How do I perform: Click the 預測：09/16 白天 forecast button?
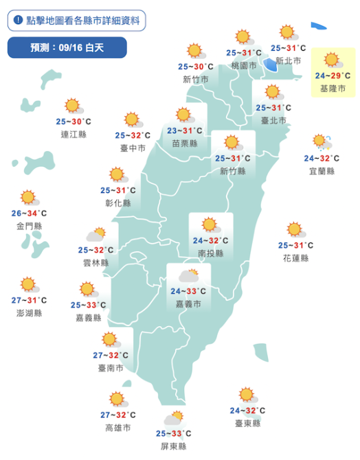(x=67, y=47)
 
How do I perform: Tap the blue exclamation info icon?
(x=18, y=21)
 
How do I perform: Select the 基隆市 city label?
(x=333, y=89)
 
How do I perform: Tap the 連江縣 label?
(x=74, y=134)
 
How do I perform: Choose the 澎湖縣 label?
(x=28, y=313)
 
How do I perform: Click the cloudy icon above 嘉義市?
(x=188, y=276)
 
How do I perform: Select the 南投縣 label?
(x=210, y=253)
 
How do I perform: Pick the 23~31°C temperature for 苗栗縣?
(x=184, y=130)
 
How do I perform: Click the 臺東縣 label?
(x=247, y=424)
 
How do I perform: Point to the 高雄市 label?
(x=117, y=428)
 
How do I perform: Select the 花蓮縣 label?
(x=295, y=258)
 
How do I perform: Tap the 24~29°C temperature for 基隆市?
(x=333, y=76)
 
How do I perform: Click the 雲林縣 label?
(x=95, y=262)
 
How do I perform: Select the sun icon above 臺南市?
(x=110, y=339)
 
